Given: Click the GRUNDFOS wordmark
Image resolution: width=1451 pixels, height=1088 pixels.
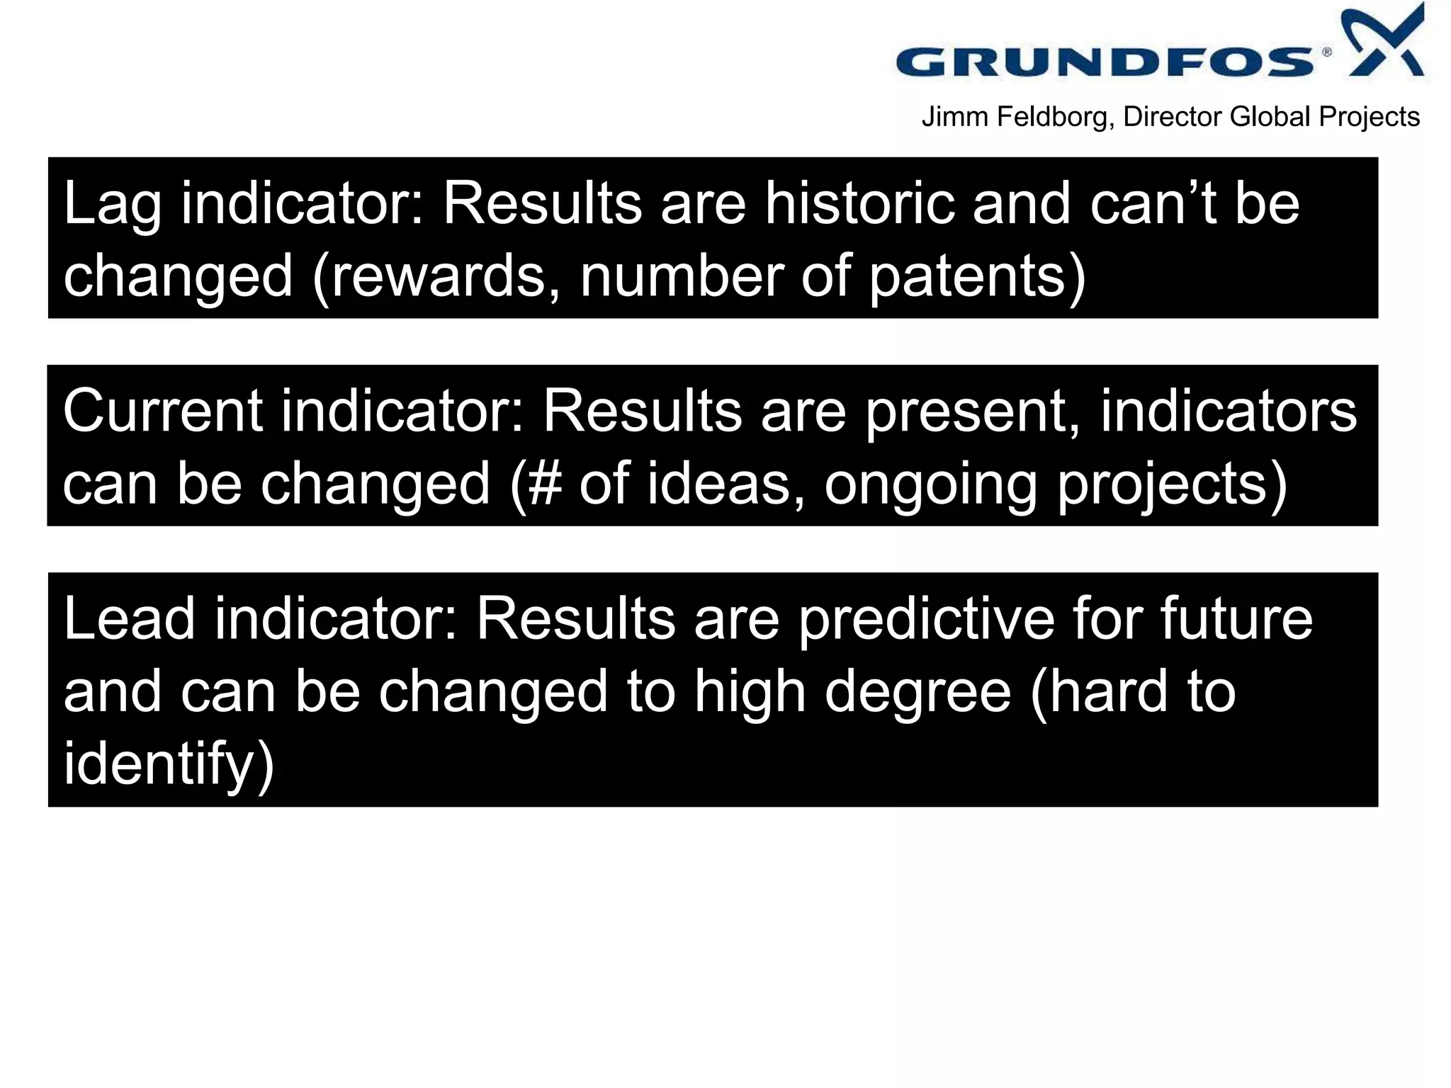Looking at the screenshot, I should click(1105, 62).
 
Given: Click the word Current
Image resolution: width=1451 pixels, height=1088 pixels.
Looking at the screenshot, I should click(163, 412).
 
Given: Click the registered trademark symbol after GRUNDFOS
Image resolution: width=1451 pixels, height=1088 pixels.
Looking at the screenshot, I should click(1326, 52).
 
